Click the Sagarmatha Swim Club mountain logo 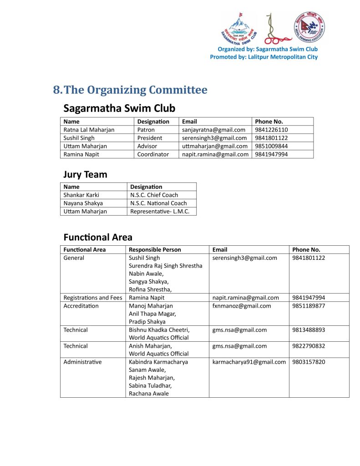[238, 28]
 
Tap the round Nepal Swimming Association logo [309, 27]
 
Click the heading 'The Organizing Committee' [135, 90]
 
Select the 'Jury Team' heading [85, 174]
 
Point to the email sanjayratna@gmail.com [213, 130]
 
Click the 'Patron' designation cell [146, 130]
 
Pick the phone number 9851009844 [271, 146]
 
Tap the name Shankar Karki [81, 195]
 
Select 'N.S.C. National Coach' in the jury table [158, 203]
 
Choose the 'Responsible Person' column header [155, 249]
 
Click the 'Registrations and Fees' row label [93, 298]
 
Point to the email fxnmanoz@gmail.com [242, 306]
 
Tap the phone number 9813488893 [309, 329]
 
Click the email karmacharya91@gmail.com [249, 362]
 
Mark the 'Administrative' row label [82, 362]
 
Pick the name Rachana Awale [149, 394]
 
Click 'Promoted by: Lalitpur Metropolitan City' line [264, 57]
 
